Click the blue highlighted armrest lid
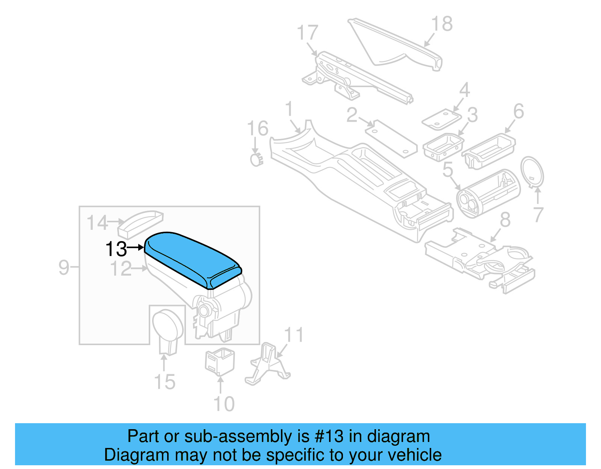(192, 259)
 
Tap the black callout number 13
(116, 249)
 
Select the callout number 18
(442, 24)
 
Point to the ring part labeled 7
(532, 172)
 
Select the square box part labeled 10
(220, 362)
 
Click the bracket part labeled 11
(267, 364)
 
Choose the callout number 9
(64, 267)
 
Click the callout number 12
(121, 269)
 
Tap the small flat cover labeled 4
(441, 120)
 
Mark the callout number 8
(505, 220)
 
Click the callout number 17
(307, 33)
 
